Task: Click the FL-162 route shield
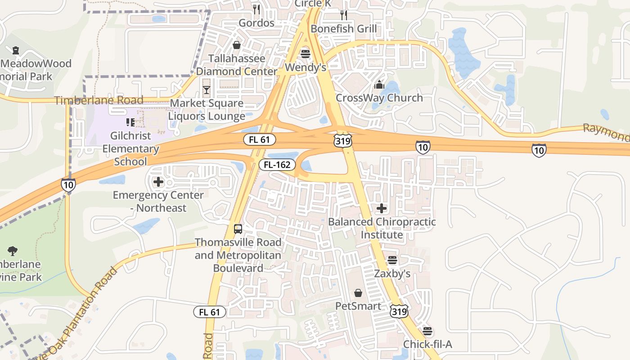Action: click(x=277, y=165)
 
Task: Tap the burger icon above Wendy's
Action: click(x=306, y=54)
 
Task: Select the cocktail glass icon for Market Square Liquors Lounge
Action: click(x=207, y=90)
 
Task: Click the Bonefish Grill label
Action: click(x=344, y=29)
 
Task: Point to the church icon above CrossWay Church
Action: click(x=379, y=85)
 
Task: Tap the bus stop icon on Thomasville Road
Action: click(x=238, y=229)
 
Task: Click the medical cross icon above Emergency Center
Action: click(x=158, y=182)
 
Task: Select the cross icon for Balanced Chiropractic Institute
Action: click(x=382, y=208)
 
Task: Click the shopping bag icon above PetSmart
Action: click(x=358, y=293)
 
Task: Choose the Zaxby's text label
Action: click(x=392, y=274)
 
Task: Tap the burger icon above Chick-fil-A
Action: click(x=427, y=332)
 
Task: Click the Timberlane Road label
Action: click(x=99, y=100)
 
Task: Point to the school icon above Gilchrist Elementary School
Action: click(x=130, y=122)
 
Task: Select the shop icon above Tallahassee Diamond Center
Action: click(x=237, y=45)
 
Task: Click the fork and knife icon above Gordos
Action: click(x=256, y=9)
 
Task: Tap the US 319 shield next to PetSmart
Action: click(x=399, y=311)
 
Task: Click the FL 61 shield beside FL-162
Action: click(x=259, y=139)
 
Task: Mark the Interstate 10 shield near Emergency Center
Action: click(x=68, y=185)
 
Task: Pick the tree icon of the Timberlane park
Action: click(x=13, y=251)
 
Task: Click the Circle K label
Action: click(x=315, y=4)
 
